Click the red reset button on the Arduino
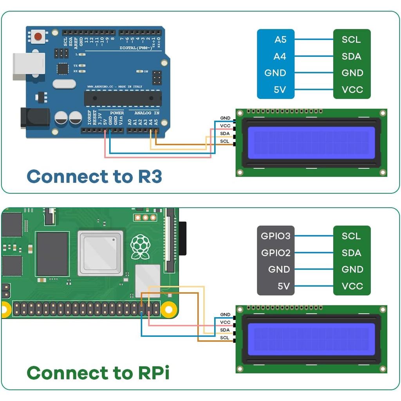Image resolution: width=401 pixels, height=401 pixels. pos(38,36)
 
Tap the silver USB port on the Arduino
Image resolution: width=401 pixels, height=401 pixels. pos(28,66)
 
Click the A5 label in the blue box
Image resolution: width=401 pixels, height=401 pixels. pos(280,40)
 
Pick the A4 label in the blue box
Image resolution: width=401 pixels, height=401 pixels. pos(280,56)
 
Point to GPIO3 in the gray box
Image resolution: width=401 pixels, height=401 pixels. pos(276,236)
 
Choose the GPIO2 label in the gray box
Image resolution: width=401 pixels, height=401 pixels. pos(276,253)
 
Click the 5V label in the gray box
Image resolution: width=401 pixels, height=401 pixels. pos(284,286)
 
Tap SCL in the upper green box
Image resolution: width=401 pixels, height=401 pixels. pos(351,40)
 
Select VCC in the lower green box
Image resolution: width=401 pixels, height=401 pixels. pos(352,286)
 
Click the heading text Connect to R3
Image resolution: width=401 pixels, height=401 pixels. pos(94,177)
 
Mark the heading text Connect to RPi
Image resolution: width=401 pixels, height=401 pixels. pos(98,373)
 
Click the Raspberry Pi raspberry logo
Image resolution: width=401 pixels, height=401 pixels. pos(140,247)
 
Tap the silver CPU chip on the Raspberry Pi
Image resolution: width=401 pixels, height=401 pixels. pos(101,253)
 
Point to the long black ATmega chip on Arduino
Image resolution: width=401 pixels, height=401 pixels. pos(123,98)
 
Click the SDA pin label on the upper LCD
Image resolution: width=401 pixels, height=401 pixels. pos(225,134)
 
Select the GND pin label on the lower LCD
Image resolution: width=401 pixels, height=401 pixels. pos(225,314)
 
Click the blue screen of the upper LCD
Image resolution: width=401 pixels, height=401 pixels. pos(311,143)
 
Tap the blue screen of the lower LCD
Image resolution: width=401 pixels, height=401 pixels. pos(311,339)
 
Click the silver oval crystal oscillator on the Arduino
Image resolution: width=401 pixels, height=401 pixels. pos(64,84)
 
